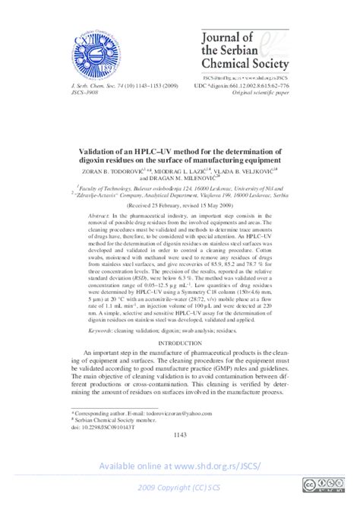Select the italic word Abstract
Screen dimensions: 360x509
click(99, 217)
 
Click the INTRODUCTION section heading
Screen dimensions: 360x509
click(179, 344)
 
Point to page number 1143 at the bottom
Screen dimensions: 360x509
click(179, 435)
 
